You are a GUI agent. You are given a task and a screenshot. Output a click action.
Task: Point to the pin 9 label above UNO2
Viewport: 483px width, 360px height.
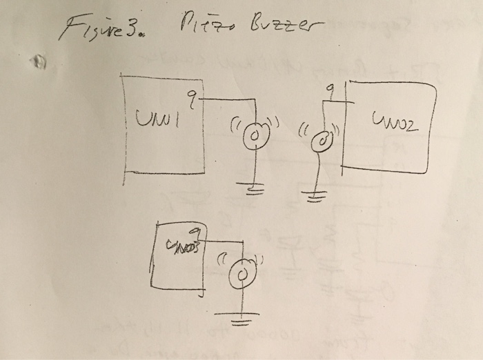(331, 89)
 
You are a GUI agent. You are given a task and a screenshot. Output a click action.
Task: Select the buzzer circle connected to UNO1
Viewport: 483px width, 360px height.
(255, 133)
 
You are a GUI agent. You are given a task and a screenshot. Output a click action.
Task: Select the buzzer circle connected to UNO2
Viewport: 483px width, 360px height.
(322, 142)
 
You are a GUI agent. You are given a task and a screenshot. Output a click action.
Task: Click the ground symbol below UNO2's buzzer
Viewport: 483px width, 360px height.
(315, 197)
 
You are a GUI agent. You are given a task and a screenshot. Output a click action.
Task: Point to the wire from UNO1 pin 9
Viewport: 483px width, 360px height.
(231, 100)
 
